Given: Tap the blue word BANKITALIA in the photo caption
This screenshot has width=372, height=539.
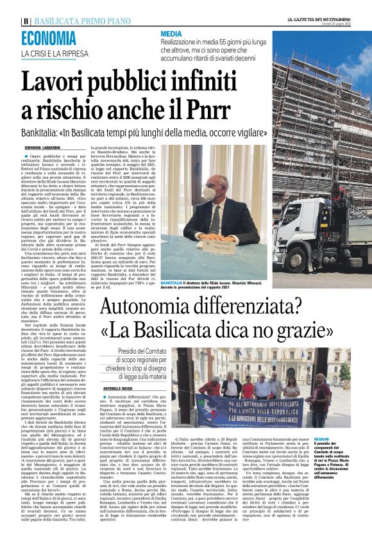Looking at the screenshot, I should tap(174, 282).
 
